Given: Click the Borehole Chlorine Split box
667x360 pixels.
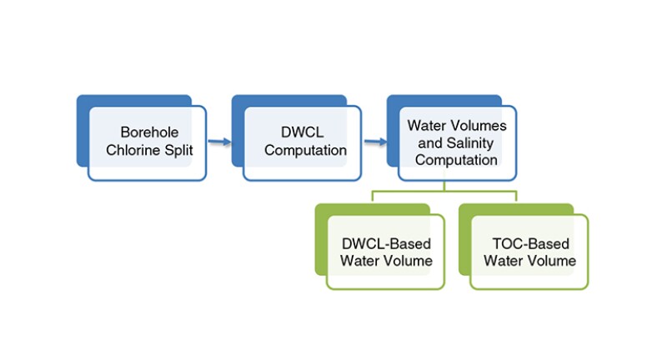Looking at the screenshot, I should coord(148,143).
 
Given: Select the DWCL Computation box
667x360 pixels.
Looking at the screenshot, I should coord(303,143).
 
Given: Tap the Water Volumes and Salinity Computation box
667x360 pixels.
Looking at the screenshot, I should coord(457,143).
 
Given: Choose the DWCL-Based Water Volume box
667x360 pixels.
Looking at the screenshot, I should coord(386,252).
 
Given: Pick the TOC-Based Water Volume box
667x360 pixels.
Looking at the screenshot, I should coord(529,252).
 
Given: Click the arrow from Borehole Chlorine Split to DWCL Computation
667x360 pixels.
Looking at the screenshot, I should coord(219,142).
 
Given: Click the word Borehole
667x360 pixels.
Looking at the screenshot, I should coord(150,132).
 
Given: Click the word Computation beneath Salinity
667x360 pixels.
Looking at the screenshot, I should coord(457,160).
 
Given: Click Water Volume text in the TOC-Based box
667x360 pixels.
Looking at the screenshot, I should coord(530,261).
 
